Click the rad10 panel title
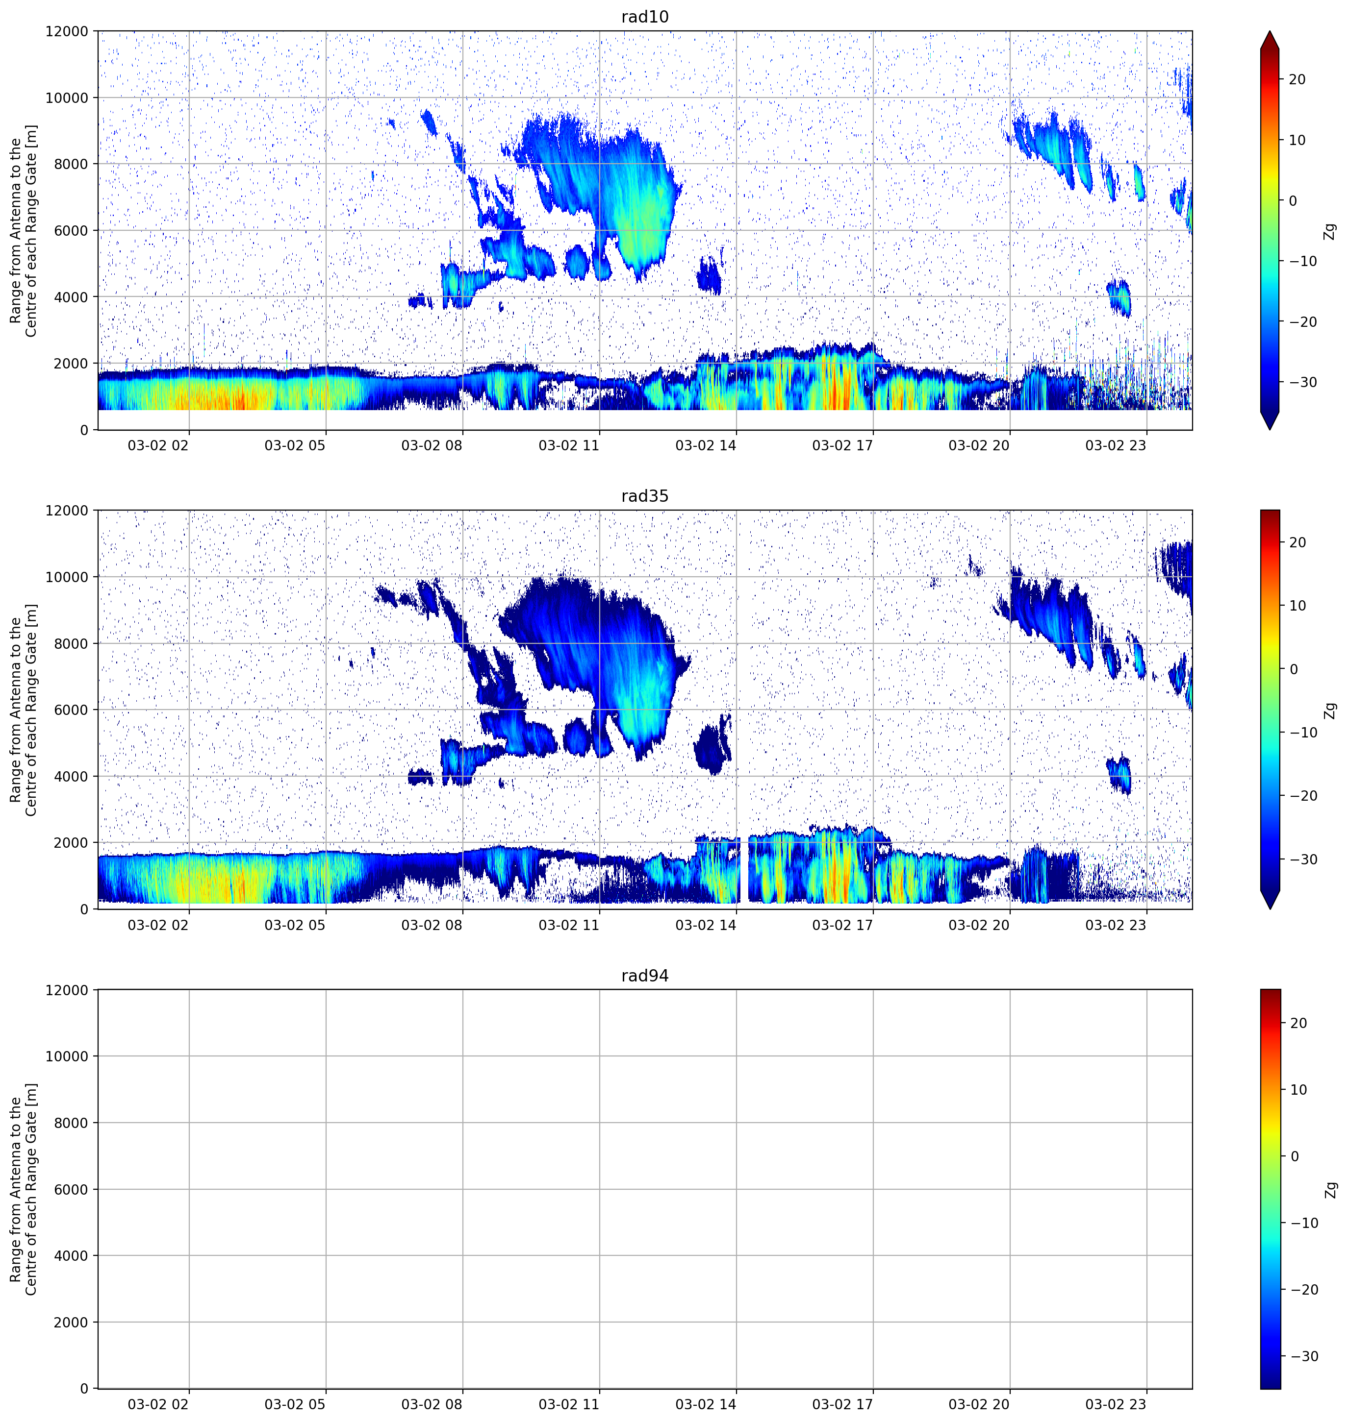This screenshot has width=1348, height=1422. click(x=644, y=17)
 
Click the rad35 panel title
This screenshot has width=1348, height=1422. click(x=644, y=496)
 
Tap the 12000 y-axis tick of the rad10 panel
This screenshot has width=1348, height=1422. click(x=67, y=31)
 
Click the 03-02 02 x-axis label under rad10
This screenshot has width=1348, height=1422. click(x=158, y=445)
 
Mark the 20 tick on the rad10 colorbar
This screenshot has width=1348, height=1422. click(x=1297, y=80)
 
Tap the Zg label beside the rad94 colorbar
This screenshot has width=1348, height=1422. click(x=1330, y=1190)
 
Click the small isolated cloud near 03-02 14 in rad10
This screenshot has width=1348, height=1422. click(x=709, y=275)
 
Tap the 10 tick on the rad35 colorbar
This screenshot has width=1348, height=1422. click(x=1297, y=606)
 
